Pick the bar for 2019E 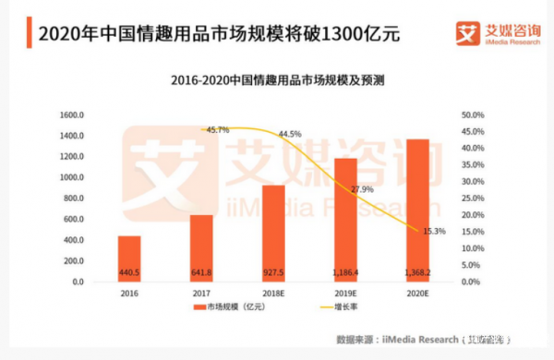345,219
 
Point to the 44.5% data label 289,134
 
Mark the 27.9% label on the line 361,189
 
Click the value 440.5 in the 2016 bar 129,272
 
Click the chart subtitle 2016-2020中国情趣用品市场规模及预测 277,80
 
